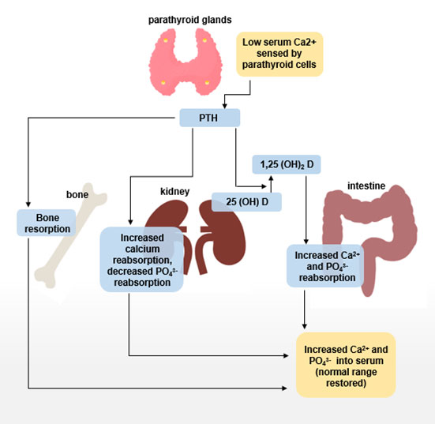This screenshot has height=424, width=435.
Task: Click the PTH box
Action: [x=208, y=118]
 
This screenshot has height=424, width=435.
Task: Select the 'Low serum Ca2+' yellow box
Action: [x=280, y=54]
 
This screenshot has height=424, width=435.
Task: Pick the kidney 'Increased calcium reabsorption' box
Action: [x=141, y=260]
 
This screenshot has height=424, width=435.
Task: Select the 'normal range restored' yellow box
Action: [x=346, y=363]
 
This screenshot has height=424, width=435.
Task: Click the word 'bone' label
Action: [x=77, y=193]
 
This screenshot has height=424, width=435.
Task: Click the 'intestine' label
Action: [x=366, y=186]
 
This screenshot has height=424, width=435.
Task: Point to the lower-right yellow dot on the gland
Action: [x=207, y=81]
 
